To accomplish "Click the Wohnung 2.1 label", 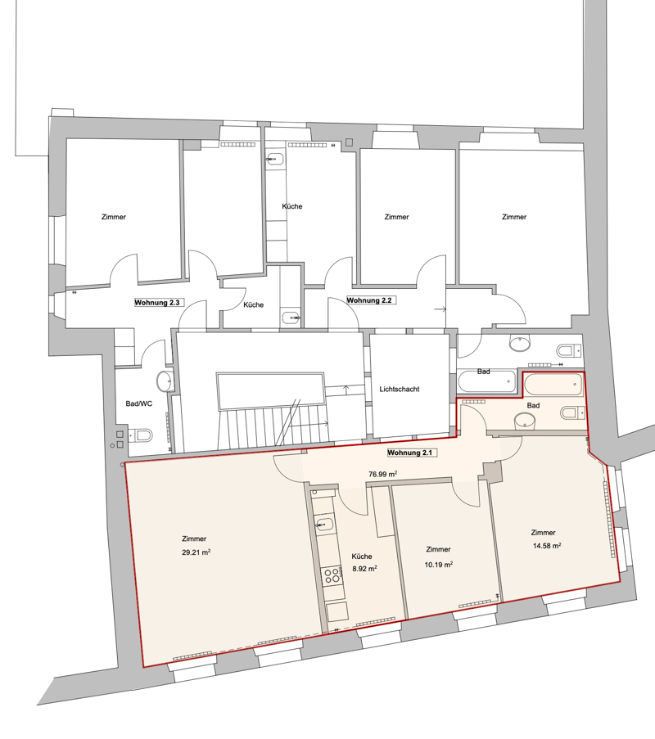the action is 410,453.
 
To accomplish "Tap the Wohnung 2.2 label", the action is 369,300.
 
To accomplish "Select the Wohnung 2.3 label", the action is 157,303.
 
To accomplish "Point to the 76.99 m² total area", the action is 383,474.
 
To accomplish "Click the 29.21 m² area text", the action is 196,552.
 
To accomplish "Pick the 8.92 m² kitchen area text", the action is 364,569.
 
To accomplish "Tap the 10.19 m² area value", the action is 439,564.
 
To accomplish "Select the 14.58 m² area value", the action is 547,546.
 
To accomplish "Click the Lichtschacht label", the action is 400,389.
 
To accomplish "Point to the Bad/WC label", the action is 139,403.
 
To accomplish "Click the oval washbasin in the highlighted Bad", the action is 524,421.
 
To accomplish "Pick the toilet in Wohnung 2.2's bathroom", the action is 570,350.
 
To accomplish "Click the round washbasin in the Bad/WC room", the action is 165,381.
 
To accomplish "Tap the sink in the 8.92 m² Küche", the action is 325,524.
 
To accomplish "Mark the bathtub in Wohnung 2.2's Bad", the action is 487,381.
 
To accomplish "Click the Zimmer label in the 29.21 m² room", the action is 194,538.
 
